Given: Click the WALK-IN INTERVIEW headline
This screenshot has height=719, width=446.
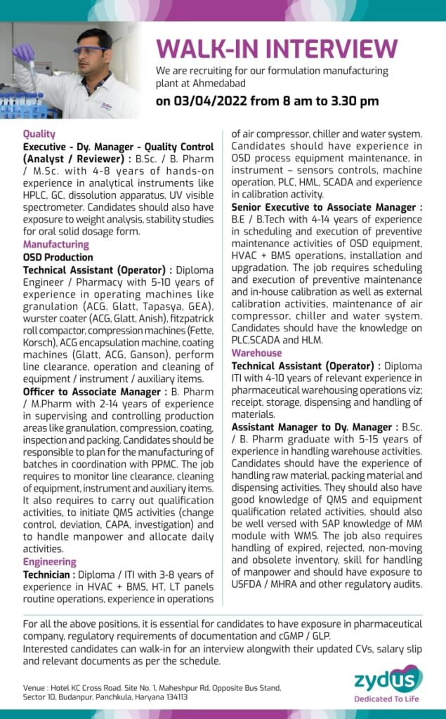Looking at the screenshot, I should (277, 48).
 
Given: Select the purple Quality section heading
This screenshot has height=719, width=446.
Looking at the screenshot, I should (39, 133).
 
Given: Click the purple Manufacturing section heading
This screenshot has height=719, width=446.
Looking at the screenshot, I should (56, 244).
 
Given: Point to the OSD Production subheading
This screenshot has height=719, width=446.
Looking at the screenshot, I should (58, 257).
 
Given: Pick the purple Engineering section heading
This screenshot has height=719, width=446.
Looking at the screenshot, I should (50, 562).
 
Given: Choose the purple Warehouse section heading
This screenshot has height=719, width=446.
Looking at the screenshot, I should (257, 353).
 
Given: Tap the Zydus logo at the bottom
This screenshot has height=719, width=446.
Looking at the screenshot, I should (388, 679).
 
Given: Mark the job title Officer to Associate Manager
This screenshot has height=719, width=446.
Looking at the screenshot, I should (91, 391).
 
